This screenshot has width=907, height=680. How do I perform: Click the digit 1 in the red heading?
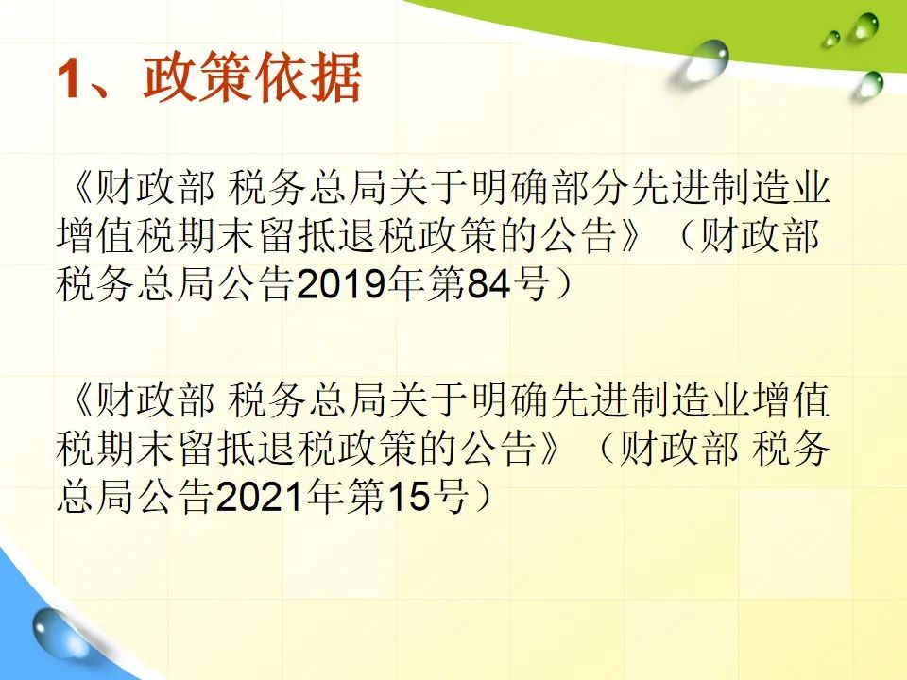[70, 78]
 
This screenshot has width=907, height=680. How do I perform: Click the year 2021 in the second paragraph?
[261, 496]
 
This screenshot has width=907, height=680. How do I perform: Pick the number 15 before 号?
[408, 496]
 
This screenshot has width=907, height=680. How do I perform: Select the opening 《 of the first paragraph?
[79, 189]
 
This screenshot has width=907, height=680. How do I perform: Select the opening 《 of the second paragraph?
[79, 400]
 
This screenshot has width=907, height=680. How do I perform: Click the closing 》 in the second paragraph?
[550, 448]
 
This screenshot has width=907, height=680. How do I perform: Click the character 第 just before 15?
[366, 496]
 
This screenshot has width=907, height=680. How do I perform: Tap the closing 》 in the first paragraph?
[630, 236]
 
